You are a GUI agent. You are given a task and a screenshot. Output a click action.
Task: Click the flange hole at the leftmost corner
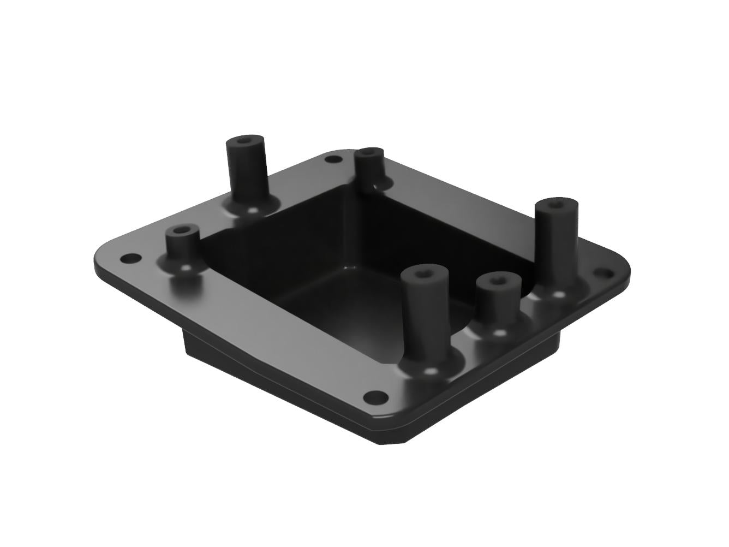(x=129, y=258)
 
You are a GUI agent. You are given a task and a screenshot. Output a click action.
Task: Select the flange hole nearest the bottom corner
(x=374, y=396)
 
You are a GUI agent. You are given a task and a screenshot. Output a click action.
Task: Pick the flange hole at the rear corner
(x=331, y=159)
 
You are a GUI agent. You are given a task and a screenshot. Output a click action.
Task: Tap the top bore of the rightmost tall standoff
(x=555, y=205)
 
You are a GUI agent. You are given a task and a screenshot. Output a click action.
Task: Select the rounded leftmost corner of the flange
(x=101, y=262)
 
